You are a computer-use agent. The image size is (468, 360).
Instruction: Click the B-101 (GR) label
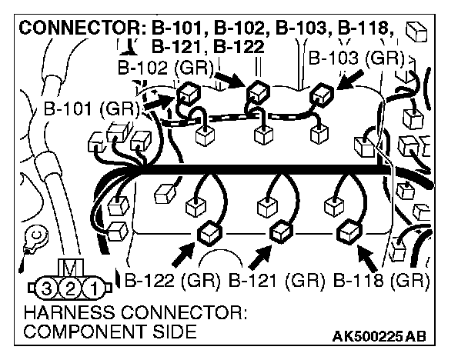[x=91, y=108]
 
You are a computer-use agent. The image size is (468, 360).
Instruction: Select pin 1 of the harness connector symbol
[x=92, y=289]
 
